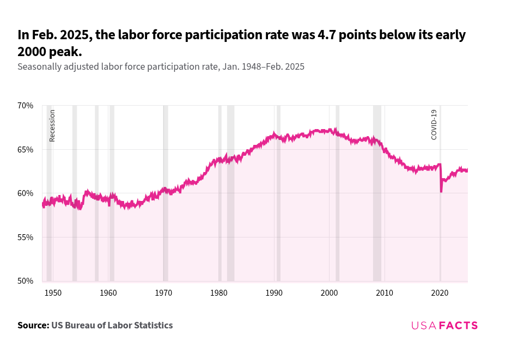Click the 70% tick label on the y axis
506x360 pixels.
tap(26, 105)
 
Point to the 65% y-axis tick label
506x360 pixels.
tap(26, 149)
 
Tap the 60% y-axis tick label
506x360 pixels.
tap(26, 193)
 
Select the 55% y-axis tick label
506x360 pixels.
tap(26, 237)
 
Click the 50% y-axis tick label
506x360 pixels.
tap(26, 281)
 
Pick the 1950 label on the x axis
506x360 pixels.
tap(53, 293)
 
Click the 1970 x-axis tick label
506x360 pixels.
tap(163, 293)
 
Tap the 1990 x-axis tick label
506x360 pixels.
tap(274, 293)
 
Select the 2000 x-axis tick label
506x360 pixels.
tap(330, 293)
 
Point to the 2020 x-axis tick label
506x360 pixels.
tap(440, 293)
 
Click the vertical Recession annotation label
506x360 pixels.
tap(52, 125)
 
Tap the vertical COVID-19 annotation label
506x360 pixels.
tap(434, 125)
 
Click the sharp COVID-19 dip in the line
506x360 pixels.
tap(441, 190)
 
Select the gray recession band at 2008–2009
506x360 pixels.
tap(377, 218)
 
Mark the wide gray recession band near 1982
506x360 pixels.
tap(231, 218)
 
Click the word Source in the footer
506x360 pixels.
tap(33, 325)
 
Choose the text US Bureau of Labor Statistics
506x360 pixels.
tap(112, 325)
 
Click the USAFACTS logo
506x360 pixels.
tap(444, 325)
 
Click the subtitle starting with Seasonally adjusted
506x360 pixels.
tap(161, 66)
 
